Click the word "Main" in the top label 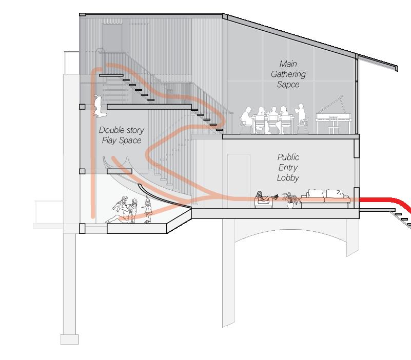click(288, 64)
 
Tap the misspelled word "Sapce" click(288, 84)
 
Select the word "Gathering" click(288, 74)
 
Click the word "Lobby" click(288, 177)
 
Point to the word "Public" click(288, 157)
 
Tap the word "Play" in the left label click(109, 141)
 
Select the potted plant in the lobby click(290, 199)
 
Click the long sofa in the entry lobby click(325, 199)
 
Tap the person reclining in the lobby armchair click(264, 197)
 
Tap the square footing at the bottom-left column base click(69, 339)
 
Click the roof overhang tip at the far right click(396, 68)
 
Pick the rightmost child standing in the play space click(149, 210)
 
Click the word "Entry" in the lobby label click(288, 167)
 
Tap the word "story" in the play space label click(133, 130)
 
